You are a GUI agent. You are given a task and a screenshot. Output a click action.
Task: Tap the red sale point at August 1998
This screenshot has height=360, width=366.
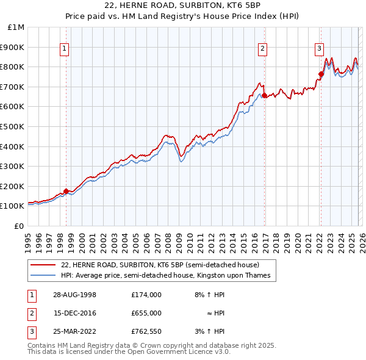tap(66, 191)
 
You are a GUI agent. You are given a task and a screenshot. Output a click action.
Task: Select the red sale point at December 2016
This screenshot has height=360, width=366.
tap(264, 95)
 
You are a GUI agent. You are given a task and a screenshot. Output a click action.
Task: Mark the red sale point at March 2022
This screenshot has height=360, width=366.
tap(321, 74)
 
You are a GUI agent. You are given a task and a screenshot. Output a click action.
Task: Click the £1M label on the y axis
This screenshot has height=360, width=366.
tap(16, 27)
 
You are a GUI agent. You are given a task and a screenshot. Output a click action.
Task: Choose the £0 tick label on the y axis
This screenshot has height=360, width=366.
tap(18, 226)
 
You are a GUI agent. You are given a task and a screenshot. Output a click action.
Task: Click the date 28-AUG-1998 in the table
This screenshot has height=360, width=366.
tap(75, 294)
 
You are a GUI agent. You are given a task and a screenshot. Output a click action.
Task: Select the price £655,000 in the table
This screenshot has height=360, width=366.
tap(146, 313)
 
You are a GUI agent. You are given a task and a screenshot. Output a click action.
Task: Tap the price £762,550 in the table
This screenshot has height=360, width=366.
tap(146, 331)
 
